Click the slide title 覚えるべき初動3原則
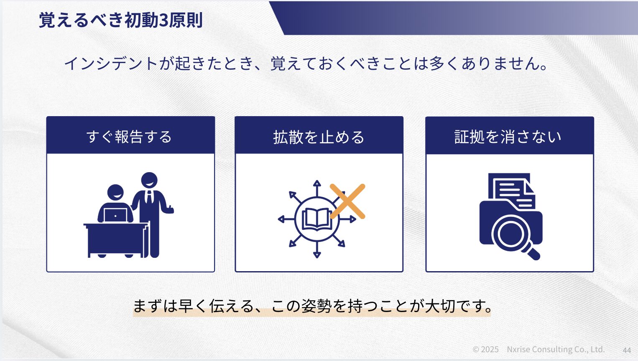click(x=120, y=20)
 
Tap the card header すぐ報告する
click(x=129, y=137)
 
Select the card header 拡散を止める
click(x=319, y=137)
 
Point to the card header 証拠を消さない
click(x=508, y=137)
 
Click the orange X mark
click(x=347, y=201)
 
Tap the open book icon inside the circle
click(x=317, y=219)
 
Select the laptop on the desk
click(x=115, y=215)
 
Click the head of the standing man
click(x=149, y=180)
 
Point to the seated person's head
click(x=115, y=193)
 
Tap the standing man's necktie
click(x=149, y=197)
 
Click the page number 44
click(x=627, y=350)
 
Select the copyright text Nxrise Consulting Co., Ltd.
click(x=556, y=349)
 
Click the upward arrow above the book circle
click(x=317, y=188)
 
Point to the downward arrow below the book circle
click(x=317, y=250)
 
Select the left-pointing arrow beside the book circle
click(x=286, y=219)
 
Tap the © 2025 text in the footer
click(x=486, y=349)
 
